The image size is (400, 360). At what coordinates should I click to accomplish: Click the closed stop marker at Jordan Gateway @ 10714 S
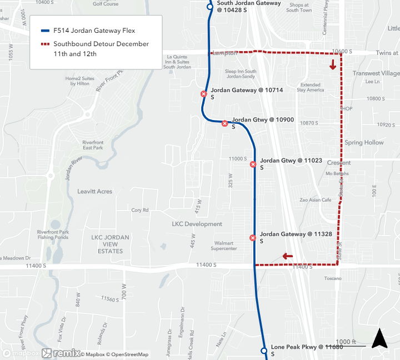point(204,94)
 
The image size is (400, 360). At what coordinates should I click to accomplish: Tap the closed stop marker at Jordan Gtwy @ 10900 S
point(224,123)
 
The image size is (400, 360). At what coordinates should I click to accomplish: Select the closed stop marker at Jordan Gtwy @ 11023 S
point(253,164)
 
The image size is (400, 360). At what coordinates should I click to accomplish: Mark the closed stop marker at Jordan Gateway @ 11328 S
point(253,238)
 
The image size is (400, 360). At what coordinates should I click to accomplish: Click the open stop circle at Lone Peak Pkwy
point(264,351)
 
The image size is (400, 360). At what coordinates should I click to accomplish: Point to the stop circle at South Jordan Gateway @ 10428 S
point(209,7)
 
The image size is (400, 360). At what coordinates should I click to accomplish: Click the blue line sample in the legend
point(45,31)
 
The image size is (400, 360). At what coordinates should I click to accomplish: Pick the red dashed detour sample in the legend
point(45,44)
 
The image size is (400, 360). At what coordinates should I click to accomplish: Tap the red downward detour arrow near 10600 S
point(333,65)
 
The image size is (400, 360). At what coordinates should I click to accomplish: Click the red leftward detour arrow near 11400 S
point(287,256)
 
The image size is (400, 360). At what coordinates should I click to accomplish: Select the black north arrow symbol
point(379,338)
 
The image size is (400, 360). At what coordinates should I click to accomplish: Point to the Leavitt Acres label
point(94,191)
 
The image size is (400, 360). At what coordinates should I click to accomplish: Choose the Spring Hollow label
point(364,143)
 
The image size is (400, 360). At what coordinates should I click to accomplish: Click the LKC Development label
point(197,224)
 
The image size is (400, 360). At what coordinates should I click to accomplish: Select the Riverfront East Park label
point(93,144)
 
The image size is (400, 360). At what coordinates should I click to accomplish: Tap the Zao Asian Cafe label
point(315,200)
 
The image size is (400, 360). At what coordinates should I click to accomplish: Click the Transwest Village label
point(376,73)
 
